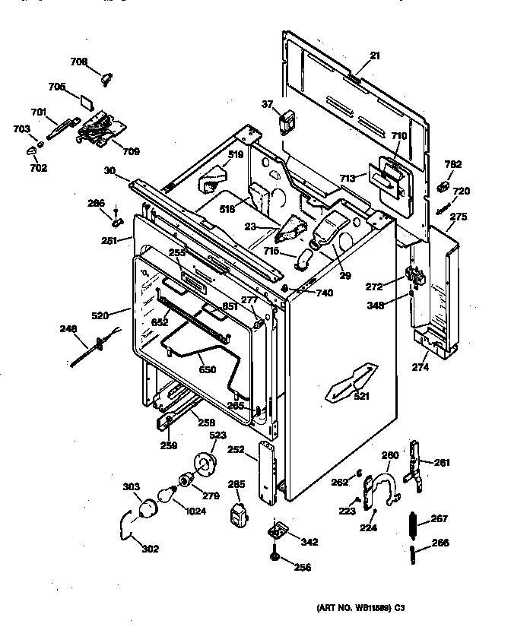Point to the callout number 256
pyautogui.click(x=302, y=567)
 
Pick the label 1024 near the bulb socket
pyautogui.click(x=196, y=511)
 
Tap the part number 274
pyautogui.click(x=421, y=368)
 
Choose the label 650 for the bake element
pyautogui.click(x=208, y=370)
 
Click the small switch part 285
pyautogui.click(x=238, y=513)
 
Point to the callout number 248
pyautogui.click(x=70, y=329)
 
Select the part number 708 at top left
pyautogui.click(x=79, y=62)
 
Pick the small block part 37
pyautogui.click(x=287, y=121)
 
